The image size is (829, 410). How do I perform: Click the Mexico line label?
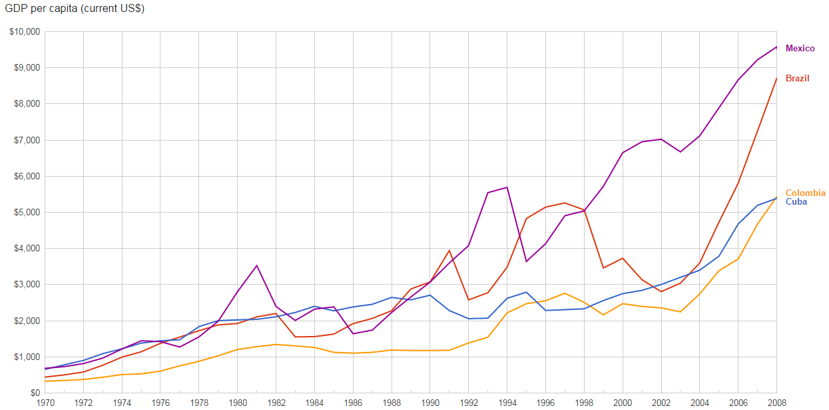[800, 48]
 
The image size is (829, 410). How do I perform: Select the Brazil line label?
[797, 79]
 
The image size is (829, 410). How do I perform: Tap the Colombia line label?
[805, 193]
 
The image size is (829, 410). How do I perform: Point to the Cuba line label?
[796, 201]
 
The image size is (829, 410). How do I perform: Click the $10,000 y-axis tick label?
[25, 32]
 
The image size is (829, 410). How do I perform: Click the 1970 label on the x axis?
[45, 403]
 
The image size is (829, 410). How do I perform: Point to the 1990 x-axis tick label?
[430, 403]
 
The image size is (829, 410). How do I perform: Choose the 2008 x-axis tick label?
[776, 403]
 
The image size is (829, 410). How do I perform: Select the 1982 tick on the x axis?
[276, 403]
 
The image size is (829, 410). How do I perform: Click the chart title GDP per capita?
[75, 9]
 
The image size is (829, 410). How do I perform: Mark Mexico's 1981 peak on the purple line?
[257, 265]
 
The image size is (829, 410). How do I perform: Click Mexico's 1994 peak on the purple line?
[507, 187]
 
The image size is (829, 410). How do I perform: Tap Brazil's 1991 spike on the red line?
[449, 251]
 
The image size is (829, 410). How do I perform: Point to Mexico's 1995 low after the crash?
[527, 261]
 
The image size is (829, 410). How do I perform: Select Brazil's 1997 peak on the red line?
[565, 203]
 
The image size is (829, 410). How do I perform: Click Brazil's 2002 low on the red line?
[661, 291]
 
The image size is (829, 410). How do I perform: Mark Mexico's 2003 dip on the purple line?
[681, 152]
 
